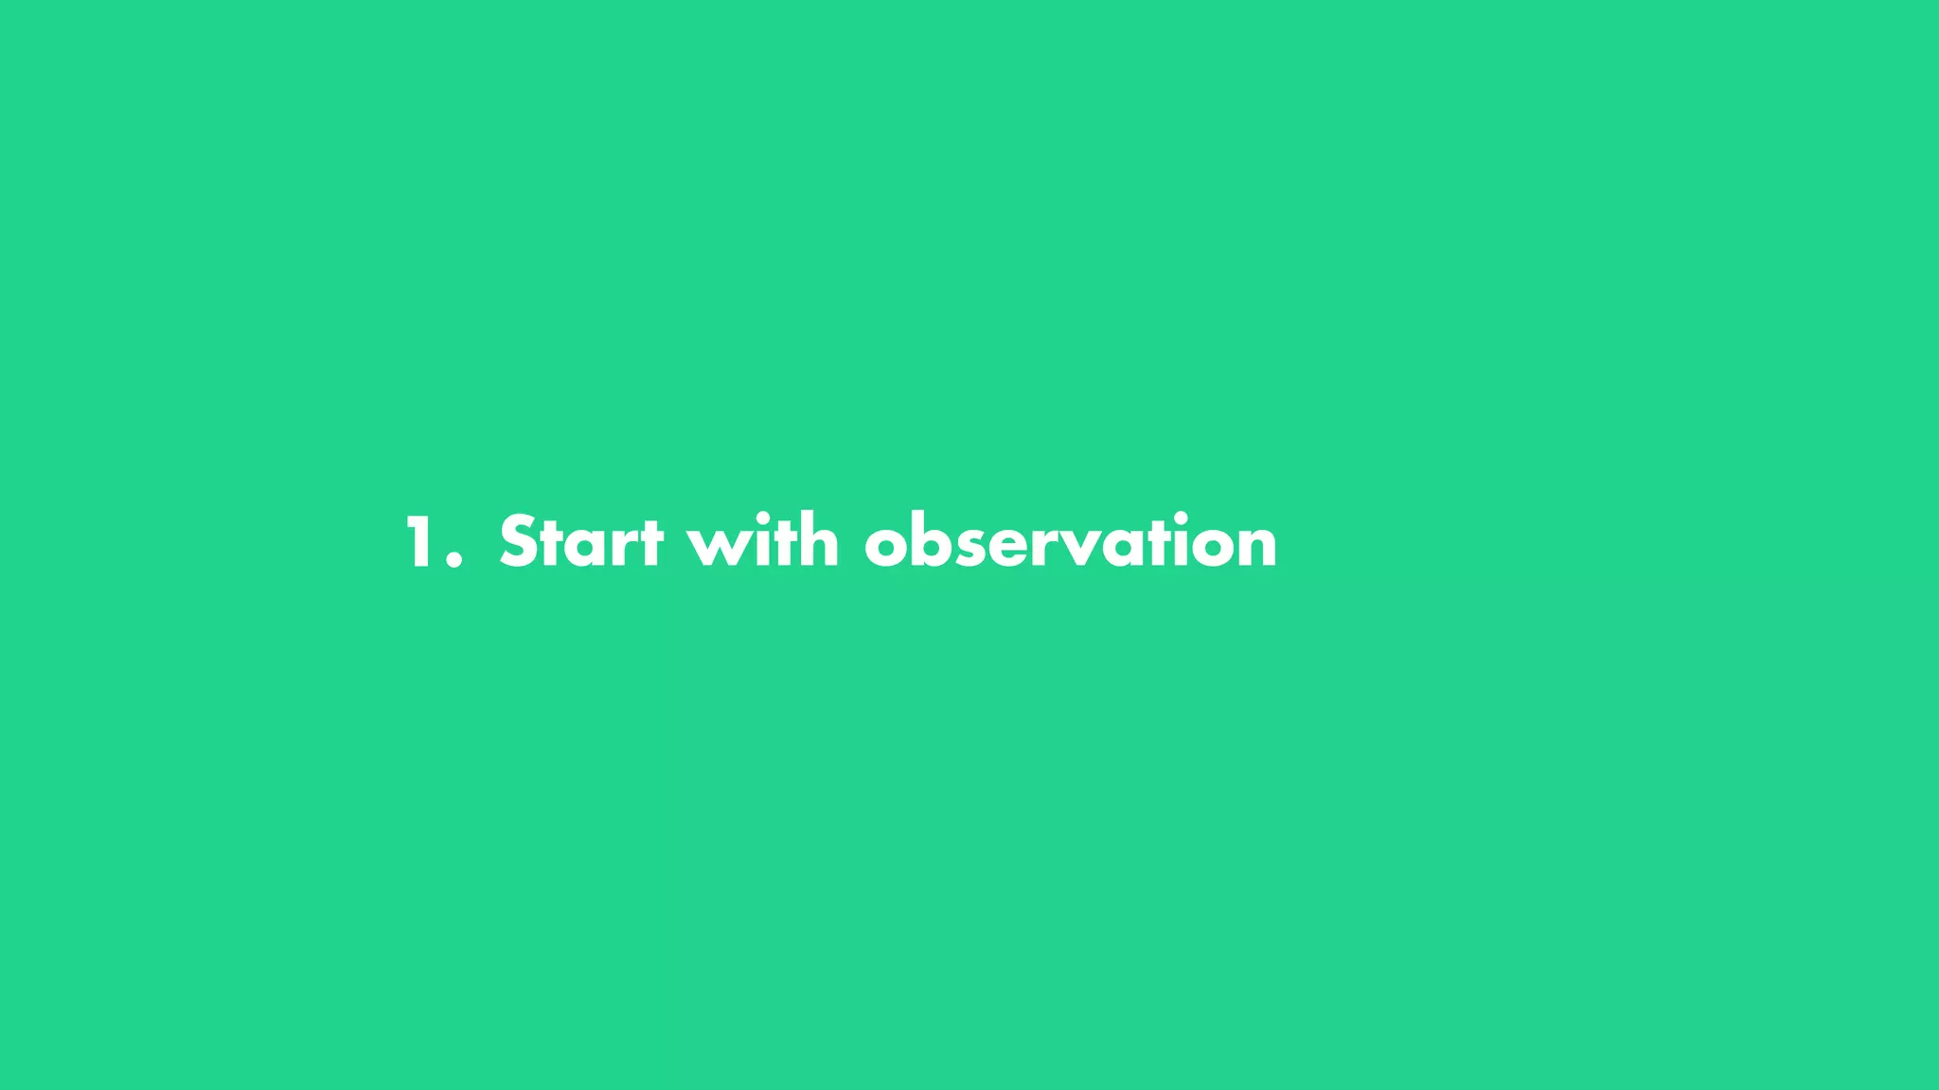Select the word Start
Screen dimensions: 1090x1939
click(x=580, y=542)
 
